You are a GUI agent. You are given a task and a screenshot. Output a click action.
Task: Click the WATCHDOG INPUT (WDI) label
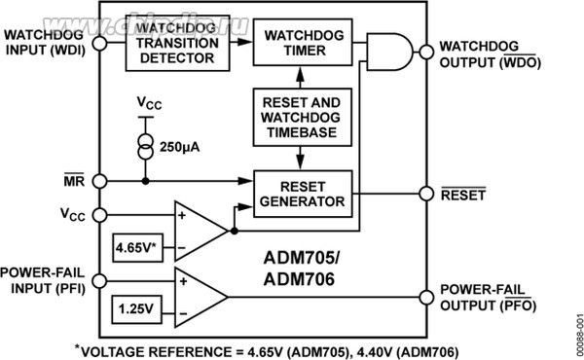45,43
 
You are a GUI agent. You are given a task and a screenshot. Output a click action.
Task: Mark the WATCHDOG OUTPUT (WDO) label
487,53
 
